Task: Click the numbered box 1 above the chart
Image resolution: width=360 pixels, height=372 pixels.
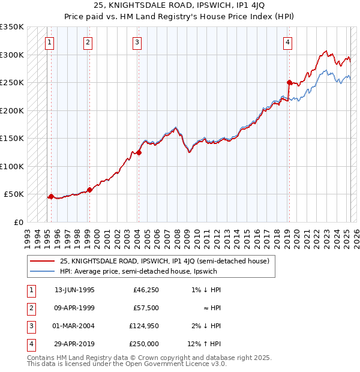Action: point(49,42)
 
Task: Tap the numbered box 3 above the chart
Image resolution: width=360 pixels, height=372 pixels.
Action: point(137,42)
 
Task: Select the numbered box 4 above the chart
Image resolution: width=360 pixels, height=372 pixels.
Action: point(288,42)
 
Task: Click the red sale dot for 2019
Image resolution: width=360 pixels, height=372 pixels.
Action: point(289,82)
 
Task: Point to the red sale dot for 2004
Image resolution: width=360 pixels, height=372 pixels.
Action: point(139,152)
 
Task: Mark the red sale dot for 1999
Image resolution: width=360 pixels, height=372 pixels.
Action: point(89,190)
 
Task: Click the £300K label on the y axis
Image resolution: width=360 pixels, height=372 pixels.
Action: point(12,55)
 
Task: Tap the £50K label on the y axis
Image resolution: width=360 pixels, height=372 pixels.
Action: point(14,194)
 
